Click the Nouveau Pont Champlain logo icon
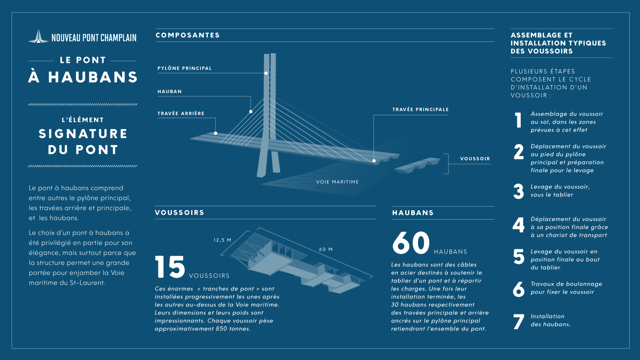[38, 36]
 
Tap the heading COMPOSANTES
[188, 35]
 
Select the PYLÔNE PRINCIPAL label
[184, 68]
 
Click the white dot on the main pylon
[266, 73]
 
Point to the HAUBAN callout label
[170, 92]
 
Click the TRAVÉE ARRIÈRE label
[181, 114]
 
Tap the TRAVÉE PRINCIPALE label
[420, 110]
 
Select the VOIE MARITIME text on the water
[338, 182]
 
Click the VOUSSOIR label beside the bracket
[475, 158]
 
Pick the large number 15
[170, 267]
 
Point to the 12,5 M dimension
[222, 240]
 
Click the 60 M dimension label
[326, 249]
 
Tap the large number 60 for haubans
[411, 243]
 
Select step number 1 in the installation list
[518, 120]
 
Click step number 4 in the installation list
[518, 225]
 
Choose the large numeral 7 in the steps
[518, 322]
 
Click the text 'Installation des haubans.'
[550, 320]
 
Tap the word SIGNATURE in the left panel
[83, 134]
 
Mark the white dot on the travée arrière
[216, 133]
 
